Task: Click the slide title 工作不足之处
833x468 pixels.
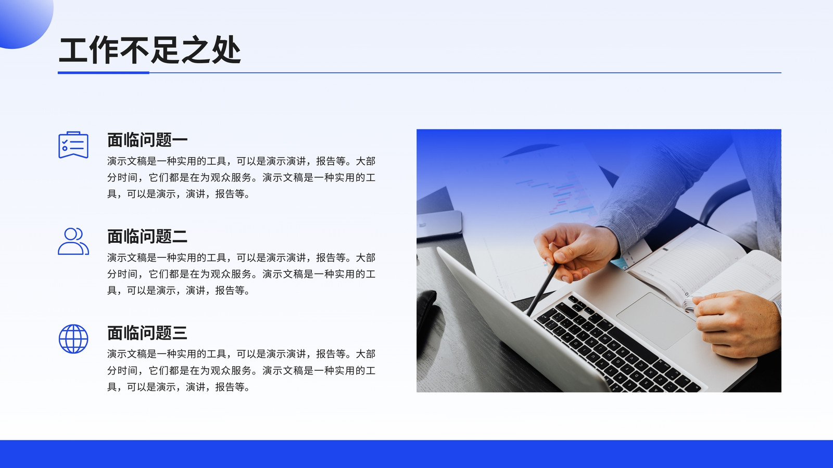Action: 149,50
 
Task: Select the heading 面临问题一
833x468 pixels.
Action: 147,140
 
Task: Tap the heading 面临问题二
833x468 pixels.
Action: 147,236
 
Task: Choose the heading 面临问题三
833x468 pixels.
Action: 147,333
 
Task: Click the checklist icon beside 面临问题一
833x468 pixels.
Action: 73,145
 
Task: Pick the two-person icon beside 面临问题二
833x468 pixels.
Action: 73,241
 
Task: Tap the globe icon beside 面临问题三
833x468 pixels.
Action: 73,339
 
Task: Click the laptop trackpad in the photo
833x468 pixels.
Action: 657,320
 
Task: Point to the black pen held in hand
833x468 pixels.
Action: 544,289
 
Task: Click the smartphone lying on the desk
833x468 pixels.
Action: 439,225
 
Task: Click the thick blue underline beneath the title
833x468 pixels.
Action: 104,73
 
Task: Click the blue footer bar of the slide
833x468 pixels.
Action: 416,454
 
